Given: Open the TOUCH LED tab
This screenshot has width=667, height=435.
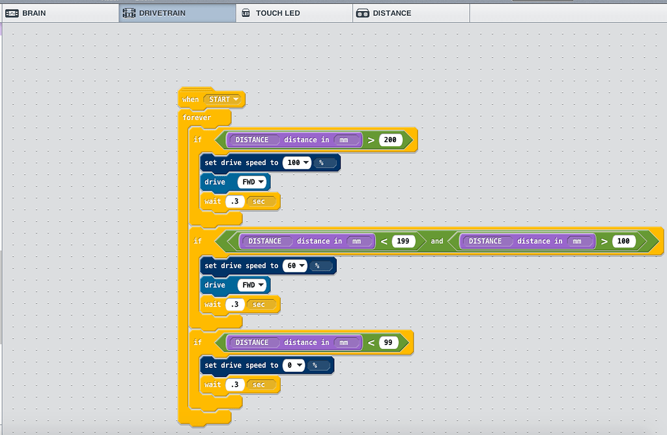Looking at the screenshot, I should [x=277, y=13].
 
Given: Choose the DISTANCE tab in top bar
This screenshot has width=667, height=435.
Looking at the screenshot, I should [x=391, y=13].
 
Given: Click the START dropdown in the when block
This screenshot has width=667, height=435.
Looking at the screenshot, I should [x=224, y=99].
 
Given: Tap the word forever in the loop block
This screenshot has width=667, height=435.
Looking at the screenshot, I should [x=197, y=118].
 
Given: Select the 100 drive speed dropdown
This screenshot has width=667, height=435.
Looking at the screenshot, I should [x=297, y=162].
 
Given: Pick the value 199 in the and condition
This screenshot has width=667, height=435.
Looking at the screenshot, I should [x=403, y=241].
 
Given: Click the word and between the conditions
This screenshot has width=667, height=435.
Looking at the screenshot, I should [x=436, y=241].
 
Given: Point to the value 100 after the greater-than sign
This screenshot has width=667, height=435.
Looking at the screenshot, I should [x=623, y=241].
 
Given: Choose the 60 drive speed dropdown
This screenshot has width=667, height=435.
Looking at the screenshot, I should [x=294, y=265].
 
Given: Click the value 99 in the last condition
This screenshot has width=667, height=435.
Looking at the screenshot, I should [x=388, y=342].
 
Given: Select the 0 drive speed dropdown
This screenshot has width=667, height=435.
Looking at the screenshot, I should [x=293, y=365].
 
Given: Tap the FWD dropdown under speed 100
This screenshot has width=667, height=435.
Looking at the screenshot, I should [x=251, y=182].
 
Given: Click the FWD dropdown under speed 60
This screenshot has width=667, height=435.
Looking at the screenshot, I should [x=251, y=285].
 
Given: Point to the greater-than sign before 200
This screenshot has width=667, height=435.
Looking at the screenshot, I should [x=370, y=140].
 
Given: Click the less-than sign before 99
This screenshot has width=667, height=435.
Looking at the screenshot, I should [x=370, y=342].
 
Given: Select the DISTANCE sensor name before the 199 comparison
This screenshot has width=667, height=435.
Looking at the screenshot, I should [x=265, y=241].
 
